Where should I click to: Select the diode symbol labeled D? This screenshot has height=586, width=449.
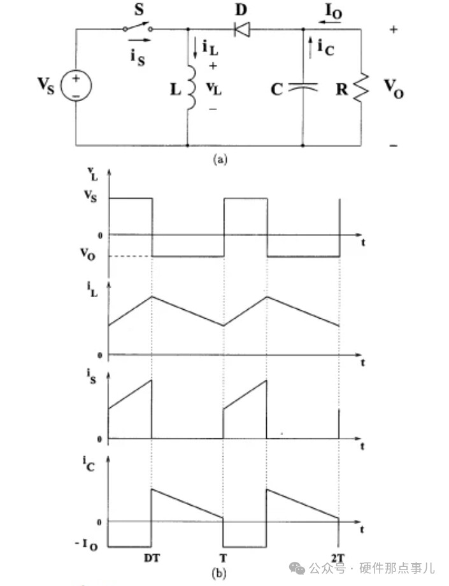coord(242,28)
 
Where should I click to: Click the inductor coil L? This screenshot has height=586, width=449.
coord(190,88)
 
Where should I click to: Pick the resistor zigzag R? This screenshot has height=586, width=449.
coord(361,88)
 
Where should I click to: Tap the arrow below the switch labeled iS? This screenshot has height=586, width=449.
coord(144,39)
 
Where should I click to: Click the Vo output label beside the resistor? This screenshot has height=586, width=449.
coord(394,90)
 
